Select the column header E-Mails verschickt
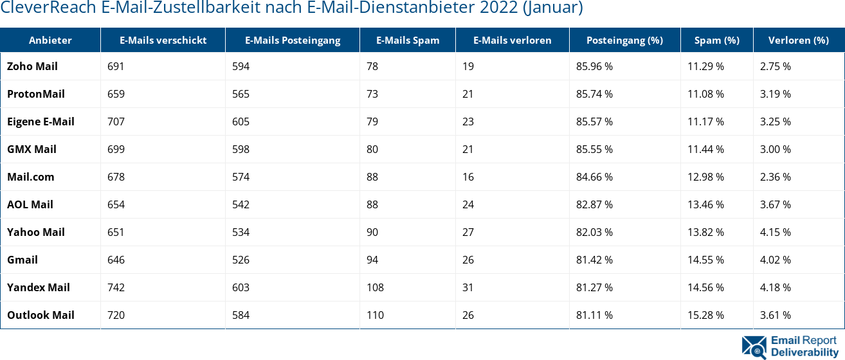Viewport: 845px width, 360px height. tap(163, 40)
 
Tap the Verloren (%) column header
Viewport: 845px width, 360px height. tap(798, 40)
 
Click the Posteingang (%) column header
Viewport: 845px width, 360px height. tap(624, 40)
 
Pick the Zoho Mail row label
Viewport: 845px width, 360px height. tap(32, 66)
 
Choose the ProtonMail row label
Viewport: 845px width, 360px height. tap(36, 94)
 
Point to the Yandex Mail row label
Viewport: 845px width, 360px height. tap(39, 287)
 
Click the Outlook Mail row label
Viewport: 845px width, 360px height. tap(41, 315)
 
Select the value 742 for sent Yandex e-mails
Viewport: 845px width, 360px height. tap(116, 287)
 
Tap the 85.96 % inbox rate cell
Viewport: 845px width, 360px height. tap(594, 66)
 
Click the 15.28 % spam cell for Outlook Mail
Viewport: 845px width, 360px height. tap(705, 315)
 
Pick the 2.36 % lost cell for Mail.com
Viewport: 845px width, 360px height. tap(775, 177)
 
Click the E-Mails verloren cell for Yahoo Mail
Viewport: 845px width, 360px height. tap(468, 232)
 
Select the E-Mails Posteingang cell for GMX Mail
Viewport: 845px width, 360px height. tap(241, 149)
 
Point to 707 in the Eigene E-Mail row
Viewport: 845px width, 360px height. tap(116, 122)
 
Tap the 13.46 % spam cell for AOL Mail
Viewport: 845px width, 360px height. tap(705, 204)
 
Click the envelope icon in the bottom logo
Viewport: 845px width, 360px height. tap(754, 346)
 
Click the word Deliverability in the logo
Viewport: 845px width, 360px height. tap(804, 352)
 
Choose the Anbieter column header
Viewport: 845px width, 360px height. tap(50, 40)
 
